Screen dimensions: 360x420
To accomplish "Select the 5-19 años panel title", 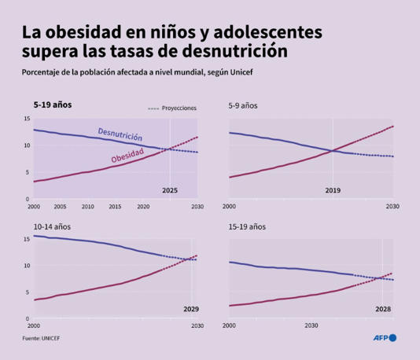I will pyautogui.click(x=52, y=104).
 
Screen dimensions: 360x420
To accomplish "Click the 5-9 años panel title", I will pyautogui.click(x=243, y=104).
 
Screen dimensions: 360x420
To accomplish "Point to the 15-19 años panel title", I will pyautogui.click(x=246, y=226).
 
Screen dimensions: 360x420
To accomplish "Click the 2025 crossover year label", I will pyautogui.click(x=170, y=190).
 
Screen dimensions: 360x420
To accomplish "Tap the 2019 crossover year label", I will pyautogui.click(x=333, y=190).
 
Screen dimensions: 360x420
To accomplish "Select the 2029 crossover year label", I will pyautogui.click(x=191, y=309).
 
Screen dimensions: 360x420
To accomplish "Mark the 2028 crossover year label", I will pyautogui.click(x=382, y=309).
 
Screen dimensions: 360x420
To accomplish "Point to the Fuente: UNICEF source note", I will pyautogui.click(x=42, y=339).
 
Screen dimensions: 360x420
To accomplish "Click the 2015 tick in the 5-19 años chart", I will pyautogui.click(x=115, y=207).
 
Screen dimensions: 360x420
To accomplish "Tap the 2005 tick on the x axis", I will pyautogui.click(x=60, y=207).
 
